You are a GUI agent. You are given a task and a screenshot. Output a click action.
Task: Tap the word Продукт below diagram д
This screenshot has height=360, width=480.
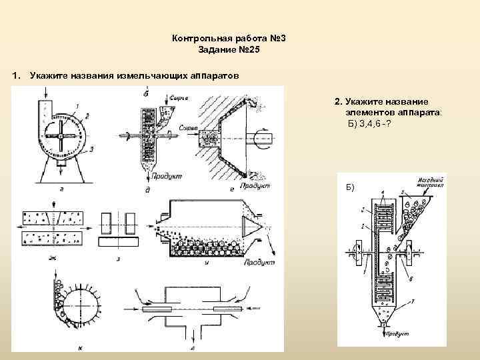pyautogui.click(x=167, y=176)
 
